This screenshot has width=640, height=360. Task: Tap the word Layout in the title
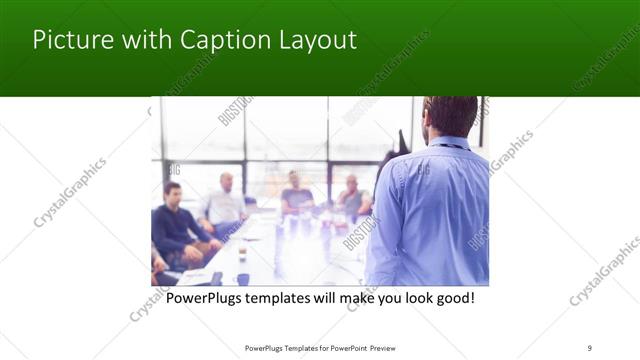point(314,41)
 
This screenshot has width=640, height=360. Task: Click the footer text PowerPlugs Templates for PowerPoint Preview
point(320,347)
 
